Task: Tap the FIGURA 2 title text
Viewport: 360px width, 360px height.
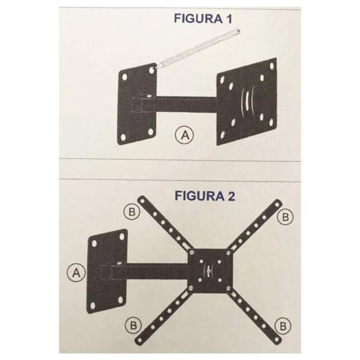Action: tap(205, 195)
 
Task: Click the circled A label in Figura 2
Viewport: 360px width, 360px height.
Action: tap(75, 272)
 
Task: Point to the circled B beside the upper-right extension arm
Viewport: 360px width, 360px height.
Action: tap(285, 217)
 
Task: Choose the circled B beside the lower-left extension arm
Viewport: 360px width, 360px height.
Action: tap(133, 324)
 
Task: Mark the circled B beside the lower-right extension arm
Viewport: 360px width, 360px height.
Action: tap(283, 325)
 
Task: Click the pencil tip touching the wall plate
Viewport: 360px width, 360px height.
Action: tap(153, 69)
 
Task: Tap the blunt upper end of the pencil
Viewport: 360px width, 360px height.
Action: tap(238, 31)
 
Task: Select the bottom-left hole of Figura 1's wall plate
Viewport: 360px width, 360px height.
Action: tap(123, 137)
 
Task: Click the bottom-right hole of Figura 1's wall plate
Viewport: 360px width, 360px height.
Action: tap(149, 133)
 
